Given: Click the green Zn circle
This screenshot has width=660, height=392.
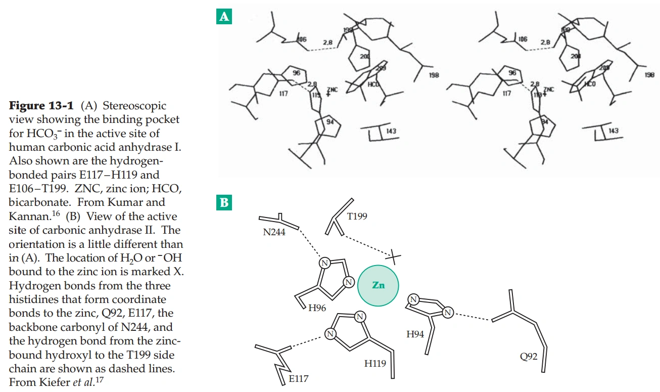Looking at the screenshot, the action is pyautogui.click(x=378, y=285).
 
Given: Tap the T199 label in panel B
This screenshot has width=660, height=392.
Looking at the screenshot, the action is pyautogui.click(x=357, y=216).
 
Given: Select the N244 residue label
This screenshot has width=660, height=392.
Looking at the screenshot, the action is pyautogui.click(x=274, y=233).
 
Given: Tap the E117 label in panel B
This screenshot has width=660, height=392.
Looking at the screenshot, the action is pyautogui.click(x=299, y=378).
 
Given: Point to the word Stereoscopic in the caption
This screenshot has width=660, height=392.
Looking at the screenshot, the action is pyautogui.click(x=136, y=106).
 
